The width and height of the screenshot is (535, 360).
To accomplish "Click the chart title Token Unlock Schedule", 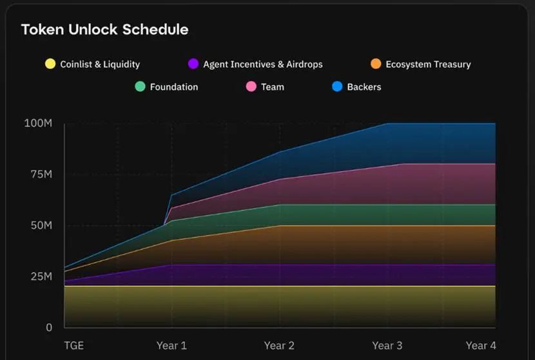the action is click(105, 30).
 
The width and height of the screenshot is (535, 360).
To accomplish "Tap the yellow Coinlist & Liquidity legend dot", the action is click(50, 64).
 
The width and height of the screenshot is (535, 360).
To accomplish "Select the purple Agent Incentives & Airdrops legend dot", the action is click(193, 64).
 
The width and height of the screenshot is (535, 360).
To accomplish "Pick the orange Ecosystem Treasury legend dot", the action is click(376, 64).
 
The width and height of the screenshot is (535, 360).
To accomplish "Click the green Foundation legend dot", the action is click(141, 86).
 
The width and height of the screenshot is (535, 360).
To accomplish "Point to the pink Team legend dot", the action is click(251, 86).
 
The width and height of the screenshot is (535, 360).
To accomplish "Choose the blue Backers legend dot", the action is click(337, 86).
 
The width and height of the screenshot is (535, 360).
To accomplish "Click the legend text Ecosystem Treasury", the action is click(428, 64).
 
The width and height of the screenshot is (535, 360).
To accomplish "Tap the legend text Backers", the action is click(364, 87).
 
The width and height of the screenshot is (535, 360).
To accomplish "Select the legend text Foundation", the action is click(174, 87).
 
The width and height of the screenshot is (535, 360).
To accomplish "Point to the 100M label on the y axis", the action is click(38, 123).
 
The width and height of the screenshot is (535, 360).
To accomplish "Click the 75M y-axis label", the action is click(41, 175).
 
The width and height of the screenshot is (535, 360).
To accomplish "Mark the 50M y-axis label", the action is click(41, 225).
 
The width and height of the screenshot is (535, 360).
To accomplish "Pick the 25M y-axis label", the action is click(41, 276).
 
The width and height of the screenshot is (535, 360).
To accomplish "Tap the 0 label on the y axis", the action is click(49, 328).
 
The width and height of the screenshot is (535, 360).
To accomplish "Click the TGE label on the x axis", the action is click(74, 346).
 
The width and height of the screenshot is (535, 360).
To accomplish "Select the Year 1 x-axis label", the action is click(171, 346).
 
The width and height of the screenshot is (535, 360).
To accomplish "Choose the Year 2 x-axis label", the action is click(279, 346).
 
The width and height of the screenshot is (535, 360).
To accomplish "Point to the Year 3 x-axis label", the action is click(387, 346).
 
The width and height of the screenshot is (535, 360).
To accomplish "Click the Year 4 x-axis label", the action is click(481, 346).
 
